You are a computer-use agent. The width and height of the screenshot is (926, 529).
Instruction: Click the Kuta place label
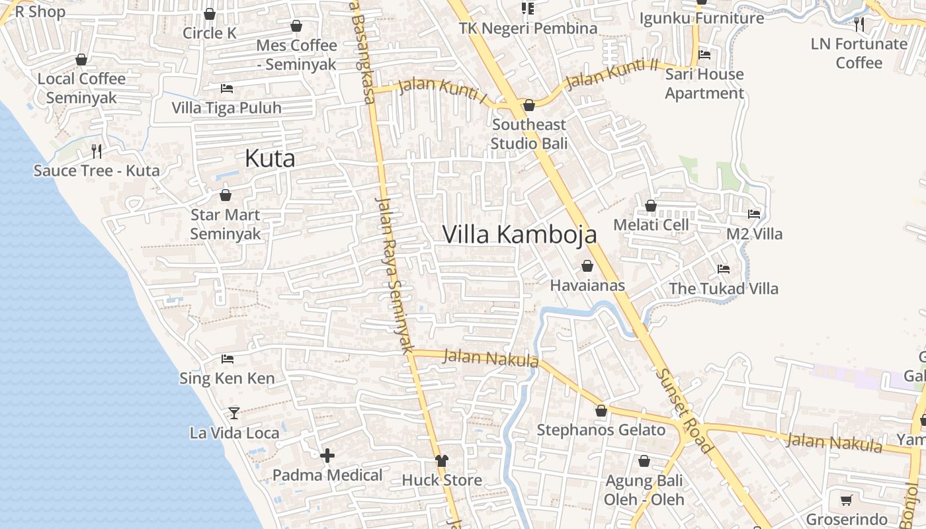click(270, 159)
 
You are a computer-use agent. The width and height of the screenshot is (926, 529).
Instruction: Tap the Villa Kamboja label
click(519, 235)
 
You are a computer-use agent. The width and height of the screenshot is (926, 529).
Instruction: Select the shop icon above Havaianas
click(587, 266)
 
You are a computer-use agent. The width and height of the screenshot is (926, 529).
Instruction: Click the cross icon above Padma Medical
click(327, 456)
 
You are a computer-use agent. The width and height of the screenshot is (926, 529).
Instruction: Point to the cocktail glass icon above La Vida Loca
click(233, 413)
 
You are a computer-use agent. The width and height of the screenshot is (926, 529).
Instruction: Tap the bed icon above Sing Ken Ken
click(228, 359)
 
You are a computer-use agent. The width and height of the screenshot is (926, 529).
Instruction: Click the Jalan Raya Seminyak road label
click(395, 274)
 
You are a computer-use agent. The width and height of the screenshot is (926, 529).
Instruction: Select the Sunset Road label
click(685, 410)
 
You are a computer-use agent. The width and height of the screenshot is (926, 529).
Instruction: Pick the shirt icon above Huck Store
click(441, 461)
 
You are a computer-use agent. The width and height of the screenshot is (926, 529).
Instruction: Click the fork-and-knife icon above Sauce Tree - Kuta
click(97, 151)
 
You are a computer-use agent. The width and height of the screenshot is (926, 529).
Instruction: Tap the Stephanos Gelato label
click(601, 430)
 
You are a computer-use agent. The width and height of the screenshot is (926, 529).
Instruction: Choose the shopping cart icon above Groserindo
click(846, 500)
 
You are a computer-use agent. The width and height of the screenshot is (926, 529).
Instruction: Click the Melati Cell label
click(651, 225)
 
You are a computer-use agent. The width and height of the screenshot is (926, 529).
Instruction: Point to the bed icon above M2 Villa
click(753, 214)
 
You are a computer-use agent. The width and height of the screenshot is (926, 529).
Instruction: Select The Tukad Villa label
click(724, 288)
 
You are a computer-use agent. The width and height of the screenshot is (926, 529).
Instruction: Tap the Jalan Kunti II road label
click(612, 75)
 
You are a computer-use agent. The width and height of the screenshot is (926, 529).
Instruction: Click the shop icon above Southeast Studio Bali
click(528, 105)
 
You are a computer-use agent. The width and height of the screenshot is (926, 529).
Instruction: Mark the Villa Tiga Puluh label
click(226, 108)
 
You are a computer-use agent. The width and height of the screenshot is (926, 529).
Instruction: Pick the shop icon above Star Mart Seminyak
click(225, 195)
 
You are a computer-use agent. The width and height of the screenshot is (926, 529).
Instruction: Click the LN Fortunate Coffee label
click(859, 53)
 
